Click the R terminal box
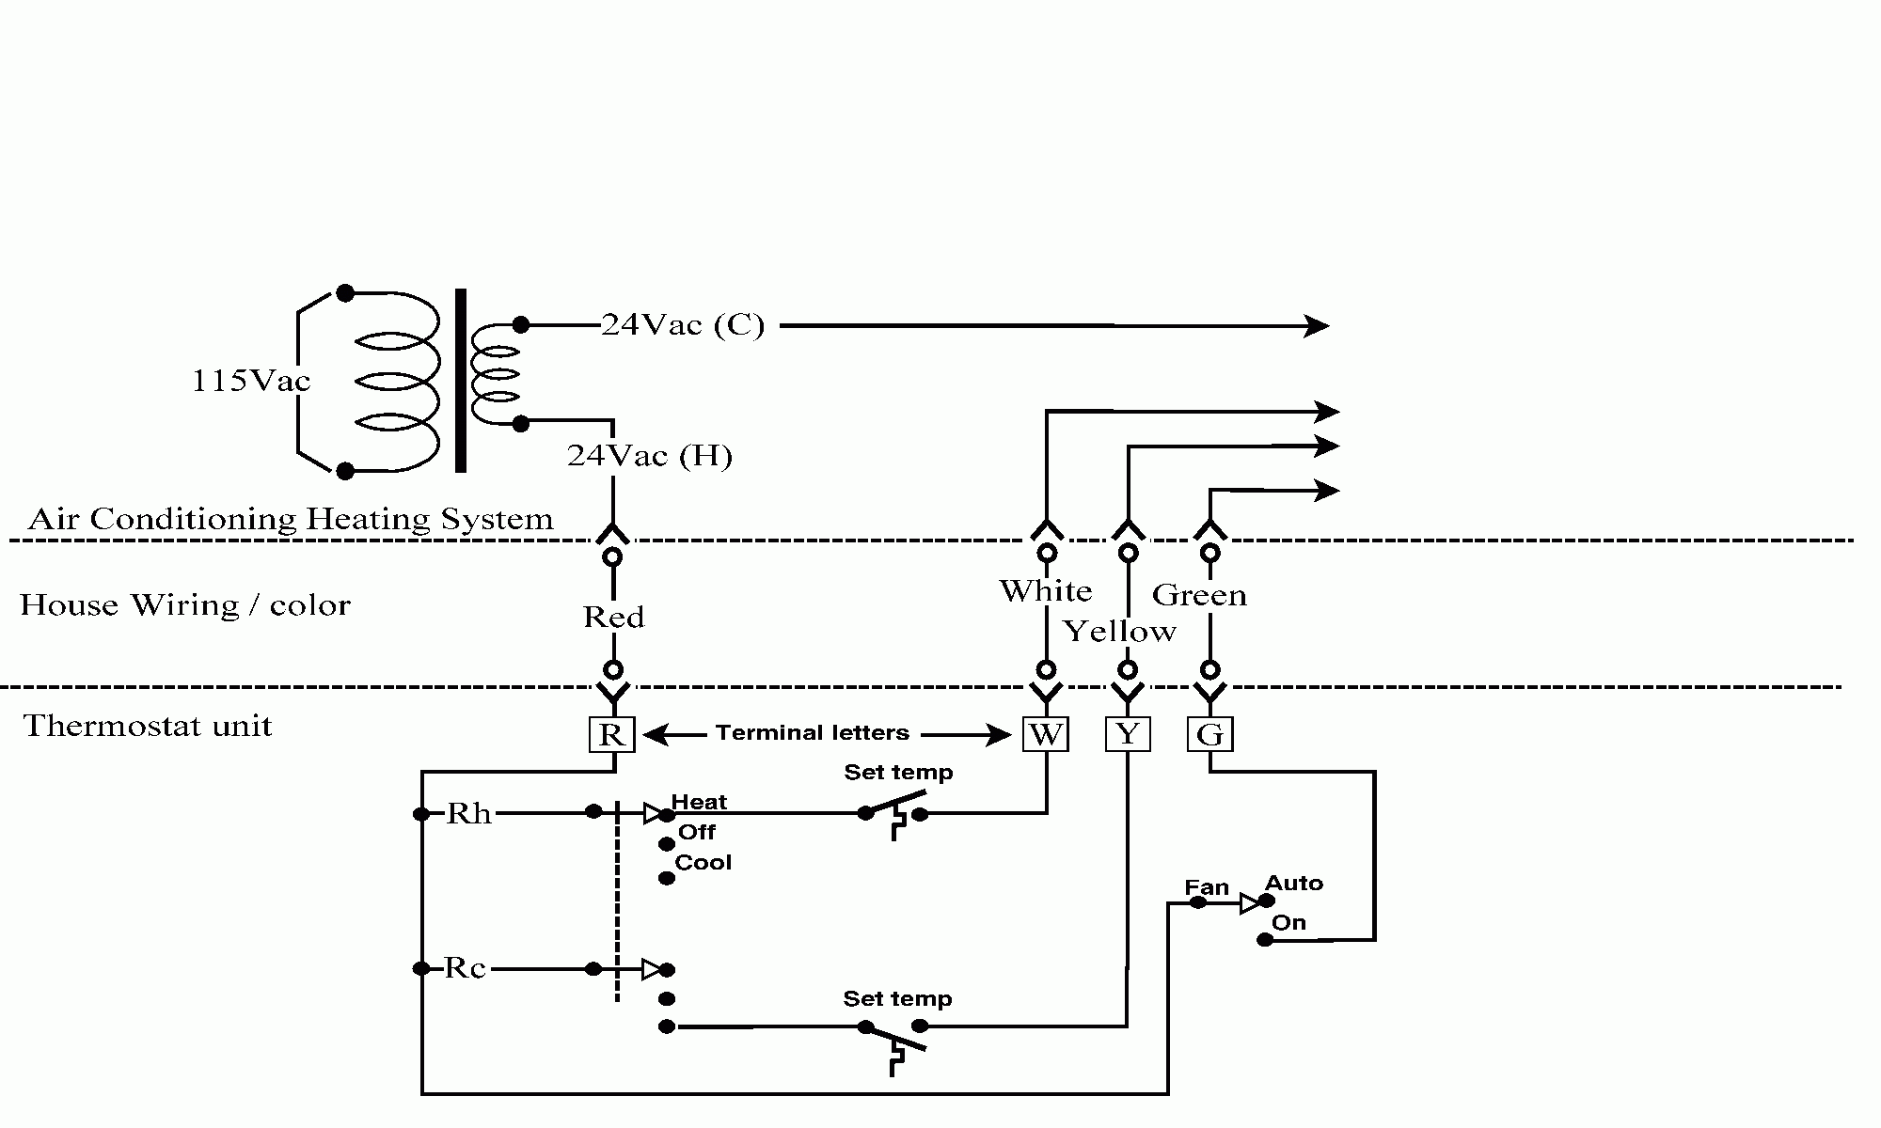pos(611,734)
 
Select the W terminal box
pos(1045,734)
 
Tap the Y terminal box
pos(1128,734)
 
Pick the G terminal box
pos(1209,734)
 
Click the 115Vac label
pos(250,381)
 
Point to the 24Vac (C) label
pos(683,325)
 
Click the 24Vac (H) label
pos(649,456)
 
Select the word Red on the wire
pos(613,618)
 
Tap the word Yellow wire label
pos(1119,631)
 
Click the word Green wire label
pos(1199,595)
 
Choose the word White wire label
pos(1045,591)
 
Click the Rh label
pos(468,813)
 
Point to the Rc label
pos(465,968)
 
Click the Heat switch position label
pos(699,802)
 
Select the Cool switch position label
pos(703,862)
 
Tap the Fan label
pos(1207,887)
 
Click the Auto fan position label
pos(1293,883)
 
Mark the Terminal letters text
pos(813,732)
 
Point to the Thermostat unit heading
pos(148,726)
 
